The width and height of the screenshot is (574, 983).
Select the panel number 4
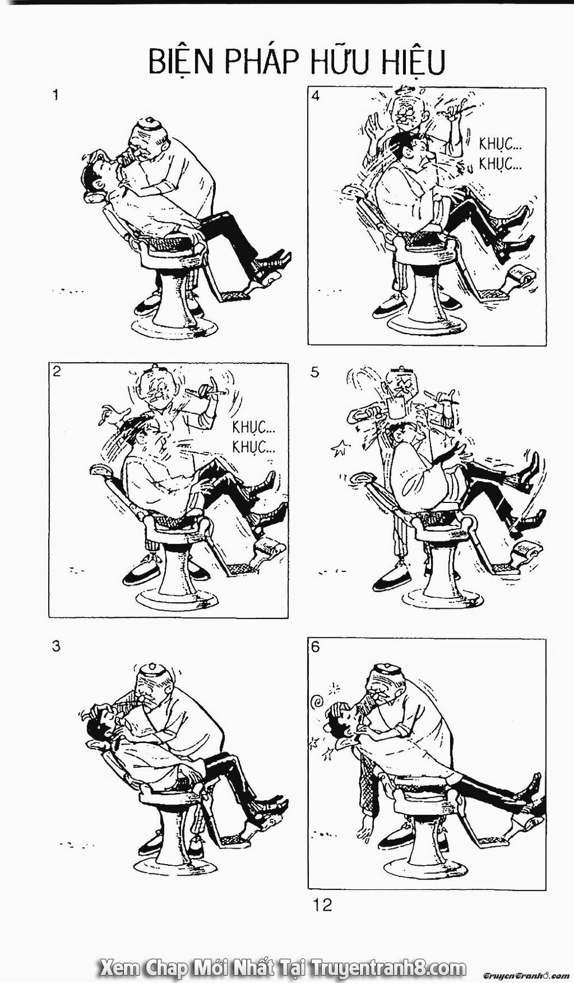tap(316, 96)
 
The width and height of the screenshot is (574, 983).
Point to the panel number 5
tap(315, 372)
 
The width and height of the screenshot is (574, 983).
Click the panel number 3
tap(56, 647)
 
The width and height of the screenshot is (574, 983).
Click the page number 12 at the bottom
tap(322, 905)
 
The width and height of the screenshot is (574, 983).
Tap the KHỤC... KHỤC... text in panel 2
tap(254, 436)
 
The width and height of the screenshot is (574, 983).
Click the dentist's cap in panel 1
tap(148, 125)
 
